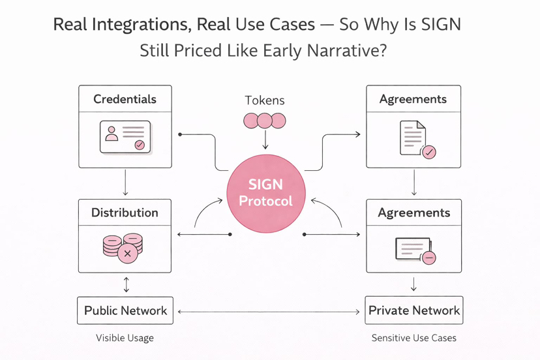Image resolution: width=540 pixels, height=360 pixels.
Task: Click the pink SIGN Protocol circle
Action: (265, 193)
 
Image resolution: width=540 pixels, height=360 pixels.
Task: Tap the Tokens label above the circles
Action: (265, 100)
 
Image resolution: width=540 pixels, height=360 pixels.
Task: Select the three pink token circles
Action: (265, 121)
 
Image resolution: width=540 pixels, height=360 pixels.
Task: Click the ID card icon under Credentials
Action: (125, 137)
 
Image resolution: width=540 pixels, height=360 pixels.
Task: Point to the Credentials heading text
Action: (125, 99)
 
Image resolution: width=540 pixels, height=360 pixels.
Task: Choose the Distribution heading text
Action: (125, 213)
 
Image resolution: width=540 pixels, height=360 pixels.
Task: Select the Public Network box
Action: (125, 310)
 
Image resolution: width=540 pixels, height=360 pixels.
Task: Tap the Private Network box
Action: (414, 310)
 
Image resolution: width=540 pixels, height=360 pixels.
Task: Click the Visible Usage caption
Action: (125, 338)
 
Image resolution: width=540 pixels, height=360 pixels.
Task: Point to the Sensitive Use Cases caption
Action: (413, 338)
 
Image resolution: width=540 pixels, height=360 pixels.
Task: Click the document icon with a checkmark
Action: (415, 139)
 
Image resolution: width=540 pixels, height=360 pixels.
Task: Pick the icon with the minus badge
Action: (415, 250)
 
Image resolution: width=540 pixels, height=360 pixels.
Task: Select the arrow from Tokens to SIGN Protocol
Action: (265, 140)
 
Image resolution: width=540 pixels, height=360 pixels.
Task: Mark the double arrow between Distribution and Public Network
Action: (126, 284)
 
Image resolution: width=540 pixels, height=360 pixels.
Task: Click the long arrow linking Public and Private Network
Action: (269, 312)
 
